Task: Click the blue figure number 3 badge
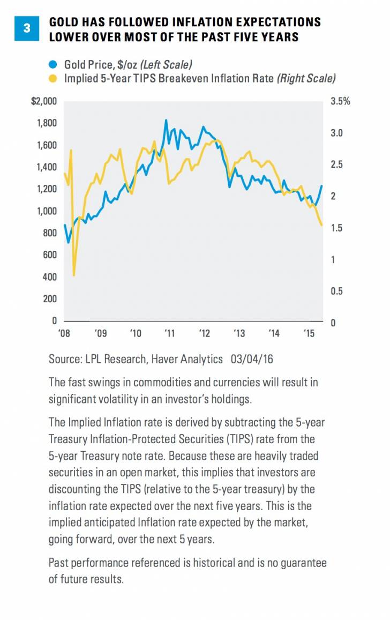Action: (28, 29)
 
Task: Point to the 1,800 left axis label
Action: (47, 123)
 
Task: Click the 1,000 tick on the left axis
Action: (47, 211)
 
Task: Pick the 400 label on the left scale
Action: (50, 277)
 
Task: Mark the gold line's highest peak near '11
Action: (166, 120)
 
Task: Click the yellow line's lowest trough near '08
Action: (73, 275)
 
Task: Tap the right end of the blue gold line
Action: (322, 186)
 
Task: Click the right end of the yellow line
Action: (322, 225)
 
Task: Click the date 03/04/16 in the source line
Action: (251, 360)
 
